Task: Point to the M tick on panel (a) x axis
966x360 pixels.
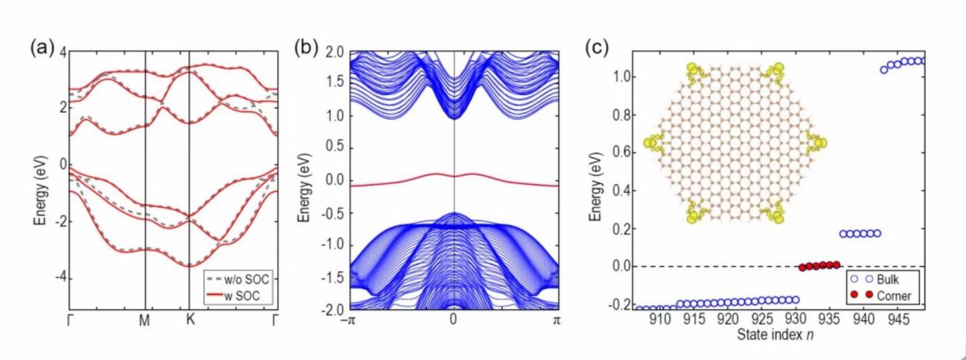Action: pyautogui.click(x=145, y=319)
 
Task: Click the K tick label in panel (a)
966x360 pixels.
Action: pyautogui.click(x=190, y=319)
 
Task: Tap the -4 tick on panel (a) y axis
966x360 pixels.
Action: pyautogui.click(x=62, y=277)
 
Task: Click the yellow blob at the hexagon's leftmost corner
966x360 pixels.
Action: pyautogui.click(x=652, y=143)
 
